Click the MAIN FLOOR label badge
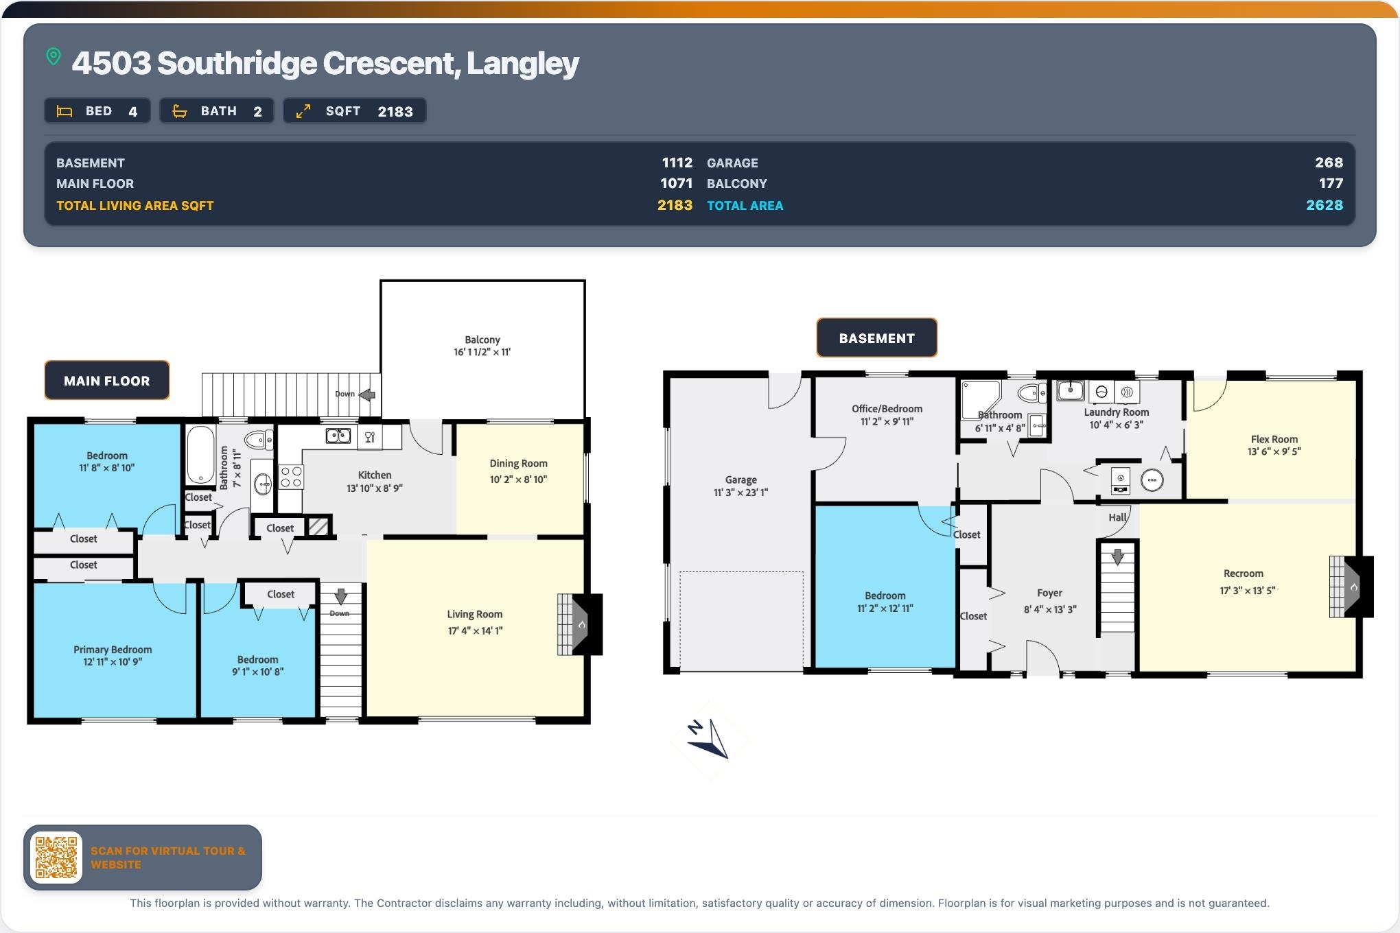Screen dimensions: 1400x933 107,381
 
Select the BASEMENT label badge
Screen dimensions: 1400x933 876,338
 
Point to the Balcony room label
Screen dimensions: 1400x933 482,340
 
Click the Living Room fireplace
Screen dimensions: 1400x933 579,624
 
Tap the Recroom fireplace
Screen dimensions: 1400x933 1351,587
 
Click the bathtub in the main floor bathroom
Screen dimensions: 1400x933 200,455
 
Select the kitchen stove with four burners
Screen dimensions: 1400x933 291,477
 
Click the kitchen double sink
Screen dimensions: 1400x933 338,436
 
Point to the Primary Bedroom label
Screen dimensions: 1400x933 113,650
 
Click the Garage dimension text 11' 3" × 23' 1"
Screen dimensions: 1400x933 741,493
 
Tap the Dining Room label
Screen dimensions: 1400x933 518,464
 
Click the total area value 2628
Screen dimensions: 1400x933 1325,205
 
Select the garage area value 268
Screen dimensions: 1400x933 1329,163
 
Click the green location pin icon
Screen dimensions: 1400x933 54,56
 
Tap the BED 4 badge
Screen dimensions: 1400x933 97,111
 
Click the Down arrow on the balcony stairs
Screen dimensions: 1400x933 367,394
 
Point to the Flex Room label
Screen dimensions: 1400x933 1274,440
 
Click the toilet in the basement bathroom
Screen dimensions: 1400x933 1032,393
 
